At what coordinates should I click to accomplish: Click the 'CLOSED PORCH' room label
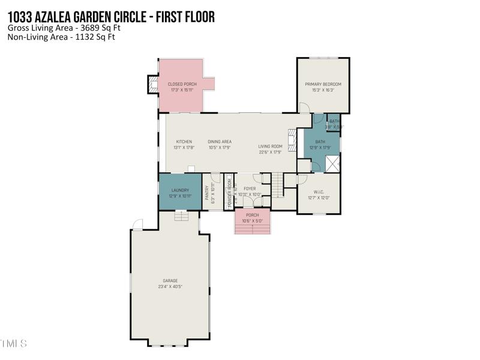182,84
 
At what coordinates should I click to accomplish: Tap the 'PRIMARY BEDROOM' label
323,84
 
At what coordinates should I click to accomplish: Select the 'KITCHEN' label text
184,142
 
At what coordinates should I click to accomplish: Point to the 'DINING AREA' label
220,142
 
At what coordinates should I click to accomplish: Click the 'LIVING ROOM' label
270,146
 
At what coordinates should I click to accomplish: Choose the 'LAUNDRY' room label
180,190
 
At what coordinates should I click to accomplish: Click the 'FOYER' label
250,188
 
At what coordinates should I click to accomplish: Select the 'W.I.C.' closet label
319,192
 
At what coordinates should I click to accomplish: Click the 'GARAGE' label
170,280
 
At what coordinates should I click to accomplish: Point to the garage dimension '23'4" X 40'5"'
170,286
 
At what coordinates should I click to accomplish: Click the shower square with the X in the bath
332,163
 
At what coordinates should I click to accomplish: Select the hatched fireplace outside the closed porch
152,84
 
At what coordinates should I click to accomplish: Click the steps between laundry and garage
181,215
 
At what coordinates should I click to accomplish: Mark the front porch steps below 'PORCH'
252,229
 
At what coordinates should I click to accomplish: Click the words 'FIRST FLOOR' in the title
185,16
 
